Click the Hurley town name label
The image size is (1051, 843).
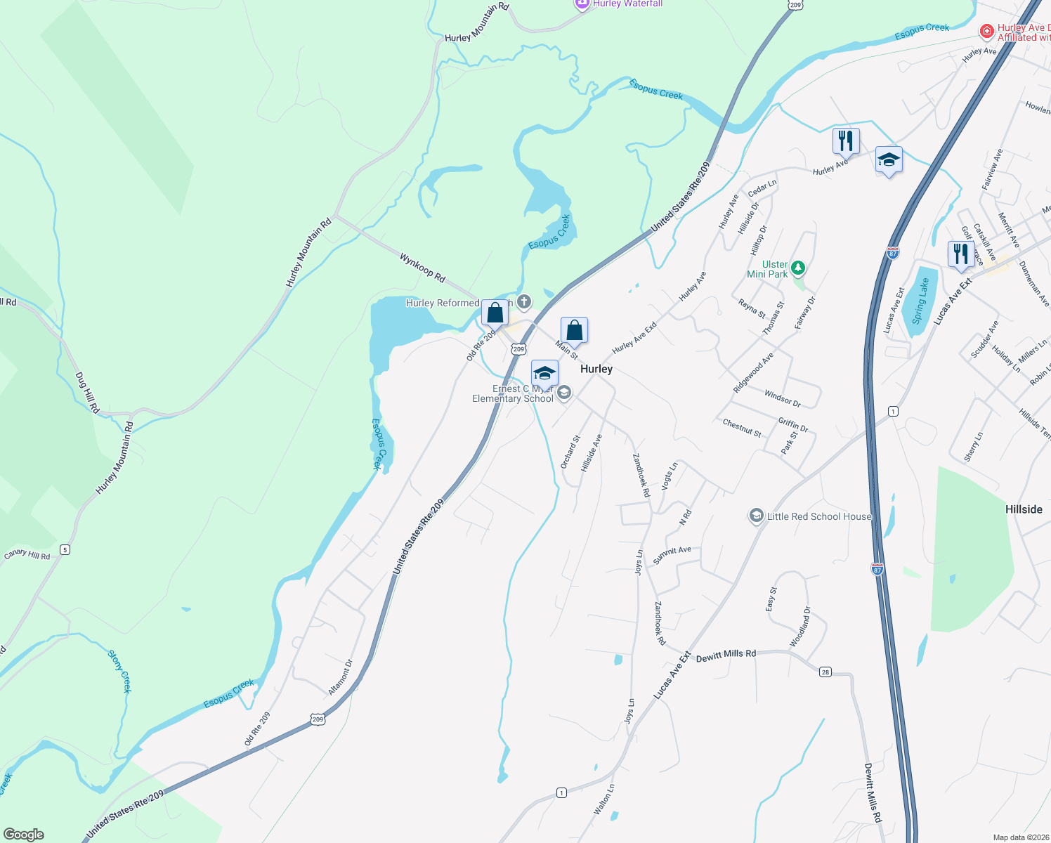[x=596, y=369]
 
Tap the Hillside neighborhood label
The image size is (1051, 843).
[x=1024, y=509]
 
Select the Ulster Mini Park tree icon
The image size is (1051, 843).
[x=797, y=268]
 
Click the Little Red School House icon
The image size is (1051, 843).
[x=756, y=516]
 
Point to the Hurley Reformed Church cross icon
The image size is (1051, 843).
[x=523, y=303]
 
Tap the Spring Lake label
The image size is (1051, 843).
[x=921, y=301]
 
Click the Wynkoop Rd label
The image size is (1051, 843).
[x=422, y=268]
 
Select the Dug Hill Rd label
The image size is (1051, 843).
[x=87, y=393]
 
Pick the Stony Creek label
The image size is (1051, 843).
[x=119, y=672]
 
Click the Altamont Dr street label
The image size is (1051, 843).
[x=340, y=677]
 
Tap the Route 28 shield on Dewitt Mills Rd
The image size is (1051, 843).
[x=825, y=672]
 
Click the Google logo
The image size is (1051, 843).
[x=23, y=835]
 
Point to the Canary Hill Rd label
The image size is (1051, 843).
[x=27, y=555]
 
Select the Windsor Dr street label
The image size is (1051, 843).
[x=783, y=398]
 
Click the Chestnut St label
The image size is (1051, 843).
[x=742, y=428]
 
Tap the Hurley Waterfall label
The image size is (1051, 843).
[x=627, y=4]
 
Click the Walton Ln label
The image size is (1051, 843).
[x=603, y=799]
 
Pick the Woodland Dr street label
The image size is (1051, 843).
[x=799, y=627]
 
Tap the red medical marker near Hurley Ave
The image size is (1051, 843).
[x=986, y=32]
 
